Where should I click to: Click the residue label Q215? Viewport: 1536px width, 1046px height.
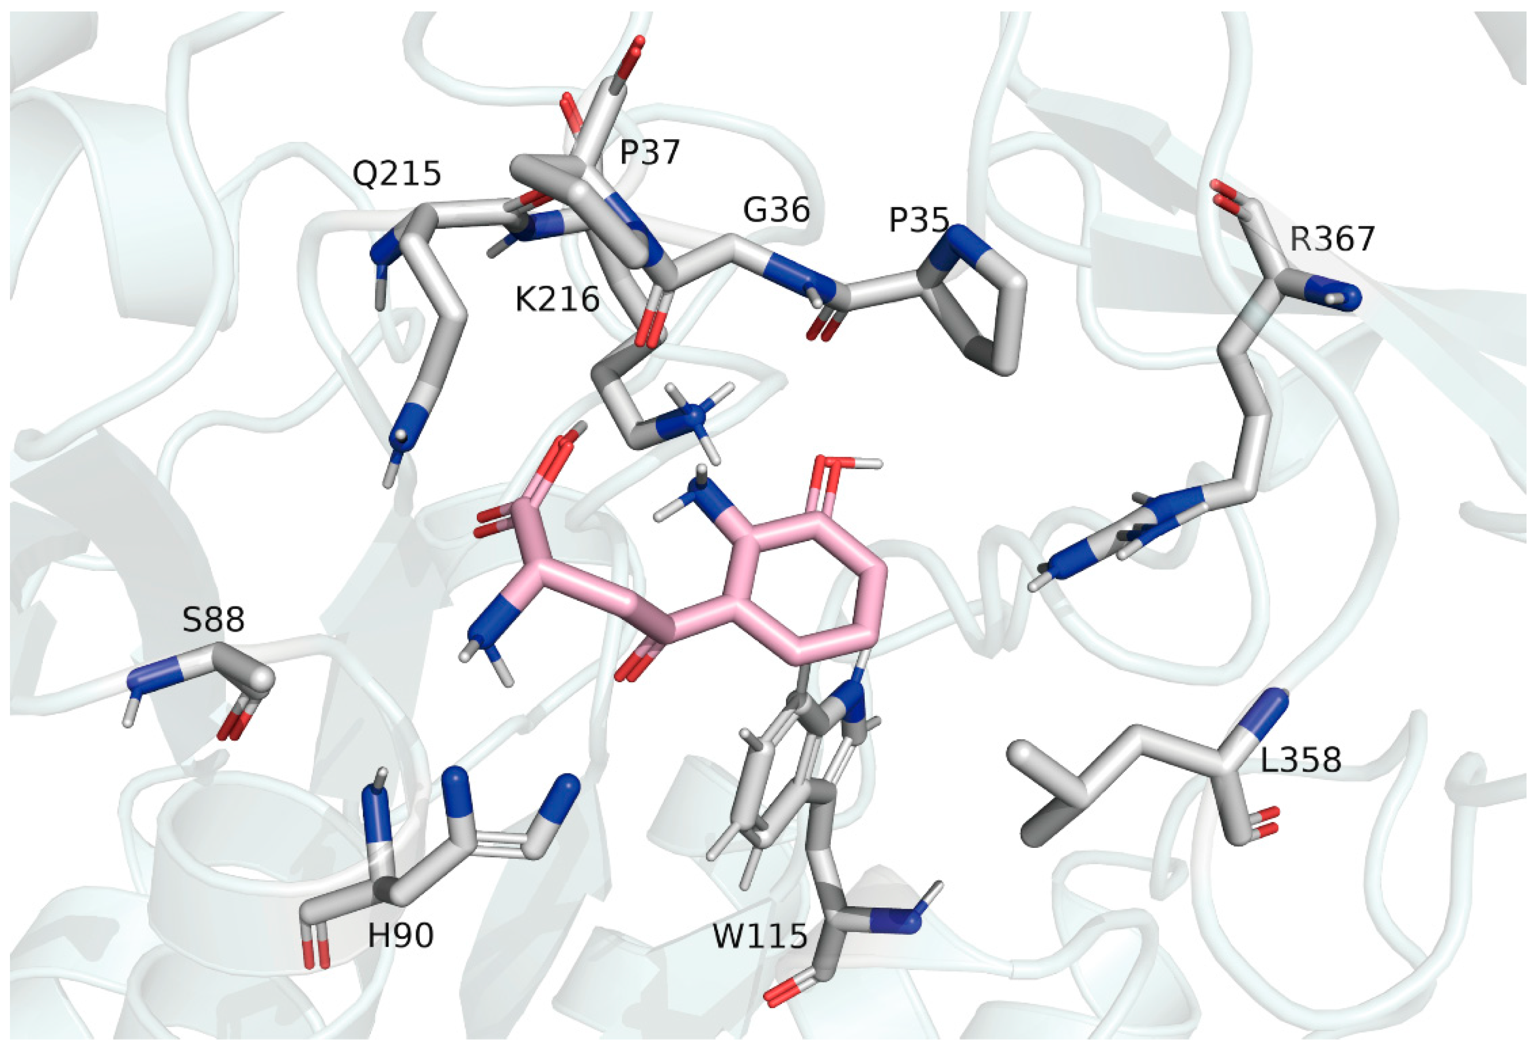pos(396,174)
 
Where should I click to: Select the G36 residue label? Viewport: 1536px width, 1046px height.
pos(776,210)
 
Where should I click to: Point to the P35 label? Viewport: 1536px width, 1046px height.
pos(919,220)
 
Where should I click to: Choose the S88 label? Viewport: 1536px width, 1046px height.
pos(213,620)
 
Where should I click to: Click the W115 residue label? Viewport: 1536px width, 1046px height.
pos(760,936)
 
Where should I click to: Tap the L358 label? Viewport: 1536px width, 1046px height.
pos(1301,761)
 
